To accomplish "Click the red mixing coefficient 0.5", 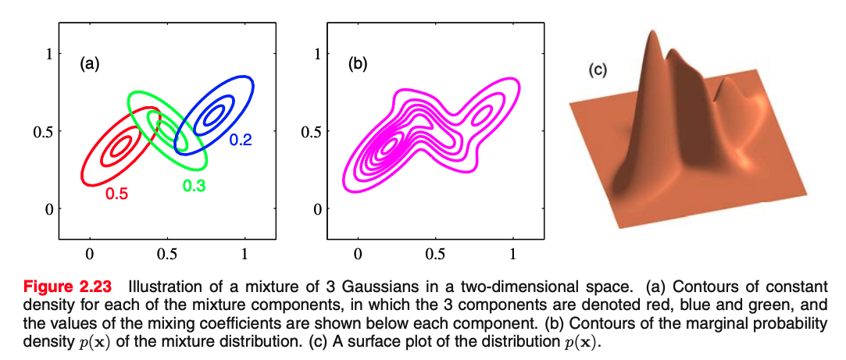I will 116,194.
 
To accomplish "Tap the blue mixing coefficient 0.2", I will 240,141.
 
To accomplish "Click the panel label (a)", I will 90,65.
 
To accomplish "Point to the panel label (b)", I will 358,65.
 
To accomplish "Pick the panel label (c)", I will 598,70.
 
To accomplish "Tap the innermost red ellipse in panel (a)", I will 120,146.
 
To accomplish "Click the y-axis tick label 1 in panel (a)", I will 48,54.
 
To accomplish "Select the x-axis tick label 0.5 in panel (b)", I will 435,254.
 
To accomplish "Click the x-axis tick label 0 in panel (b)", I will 358,254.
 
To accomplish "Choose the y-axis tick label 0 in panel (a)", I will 48,209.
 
